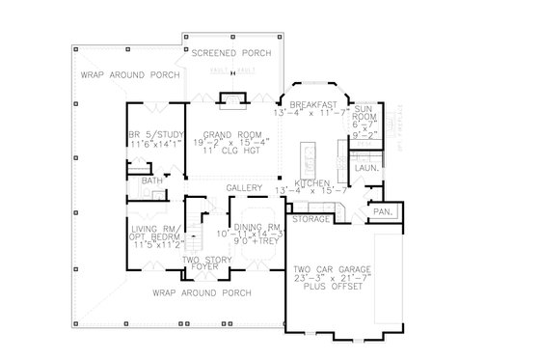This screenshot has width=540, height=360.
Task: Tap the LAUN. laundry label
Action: pos(364,167)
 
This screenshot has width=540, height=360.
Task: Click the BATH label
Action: pos(150,180)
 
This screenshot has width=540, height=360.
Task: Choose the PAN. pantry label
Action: pos(381,209)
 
